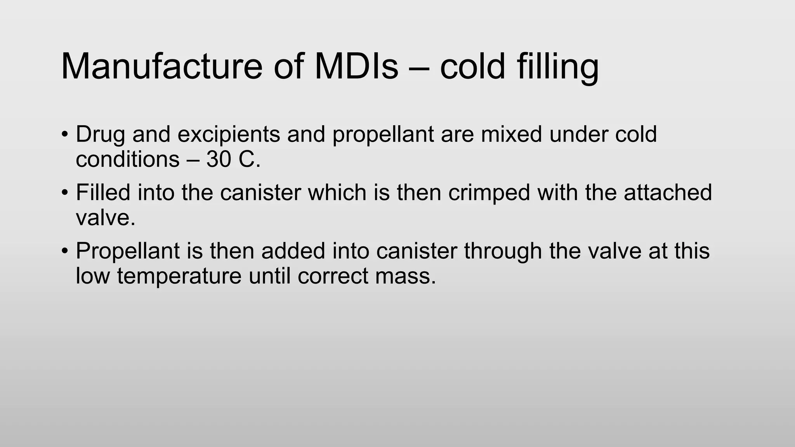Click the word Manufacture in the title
pyautogui.click(x=161, y=67)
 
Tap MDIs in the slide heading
pyautogui.click(x=356, y=67)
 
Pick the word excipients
pyautogui.click(x=229, y=134)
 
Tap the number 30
pyautogui.click(x=219, y=159)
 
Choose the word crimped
pyautogui.click(x=489, y=193)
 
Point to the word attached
pyautogui.click(x=668, y=192)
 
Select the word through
pyautogui.click(x=503, y=251)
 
